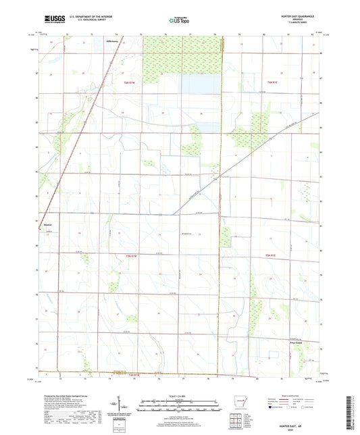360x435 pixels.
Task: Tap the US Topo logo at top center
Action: pos(178,20)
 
